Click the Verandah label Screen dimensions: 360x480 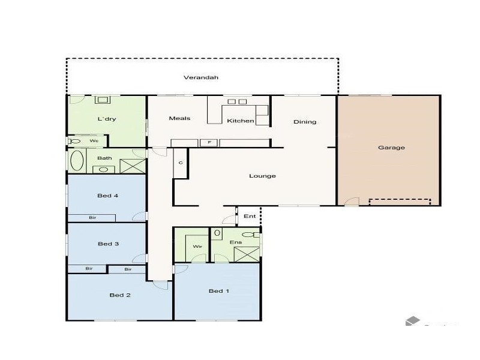[201, 77]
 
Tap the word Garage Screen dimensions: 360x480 [391, 148]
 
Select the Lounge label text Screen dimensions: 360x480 [263, 176]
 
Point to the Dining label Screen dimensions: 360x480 [305, 122]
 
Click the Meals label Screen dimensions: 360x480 [179, 118]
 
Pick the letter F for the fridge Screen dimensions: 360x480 [209, 143]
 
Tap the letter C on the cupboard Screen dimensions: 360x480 [181, 163]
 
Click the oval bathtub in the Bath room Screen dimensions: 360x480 [77, 161]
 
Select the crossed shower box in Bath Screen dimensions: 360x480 [133, 166]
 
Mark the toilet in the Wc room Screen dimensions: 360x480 [74, 142]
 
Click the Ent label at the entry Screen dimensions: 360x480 [250, 216]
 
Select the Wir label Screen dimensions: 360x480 [196, 247]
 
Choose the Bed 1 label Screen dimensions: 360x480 [218, 291]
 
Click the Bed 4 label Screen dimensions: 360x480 [108, 196]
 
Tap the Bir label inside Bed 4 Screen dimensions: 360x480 [92, 217]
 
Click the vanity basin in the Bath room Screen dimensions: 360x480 [103, 170]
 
